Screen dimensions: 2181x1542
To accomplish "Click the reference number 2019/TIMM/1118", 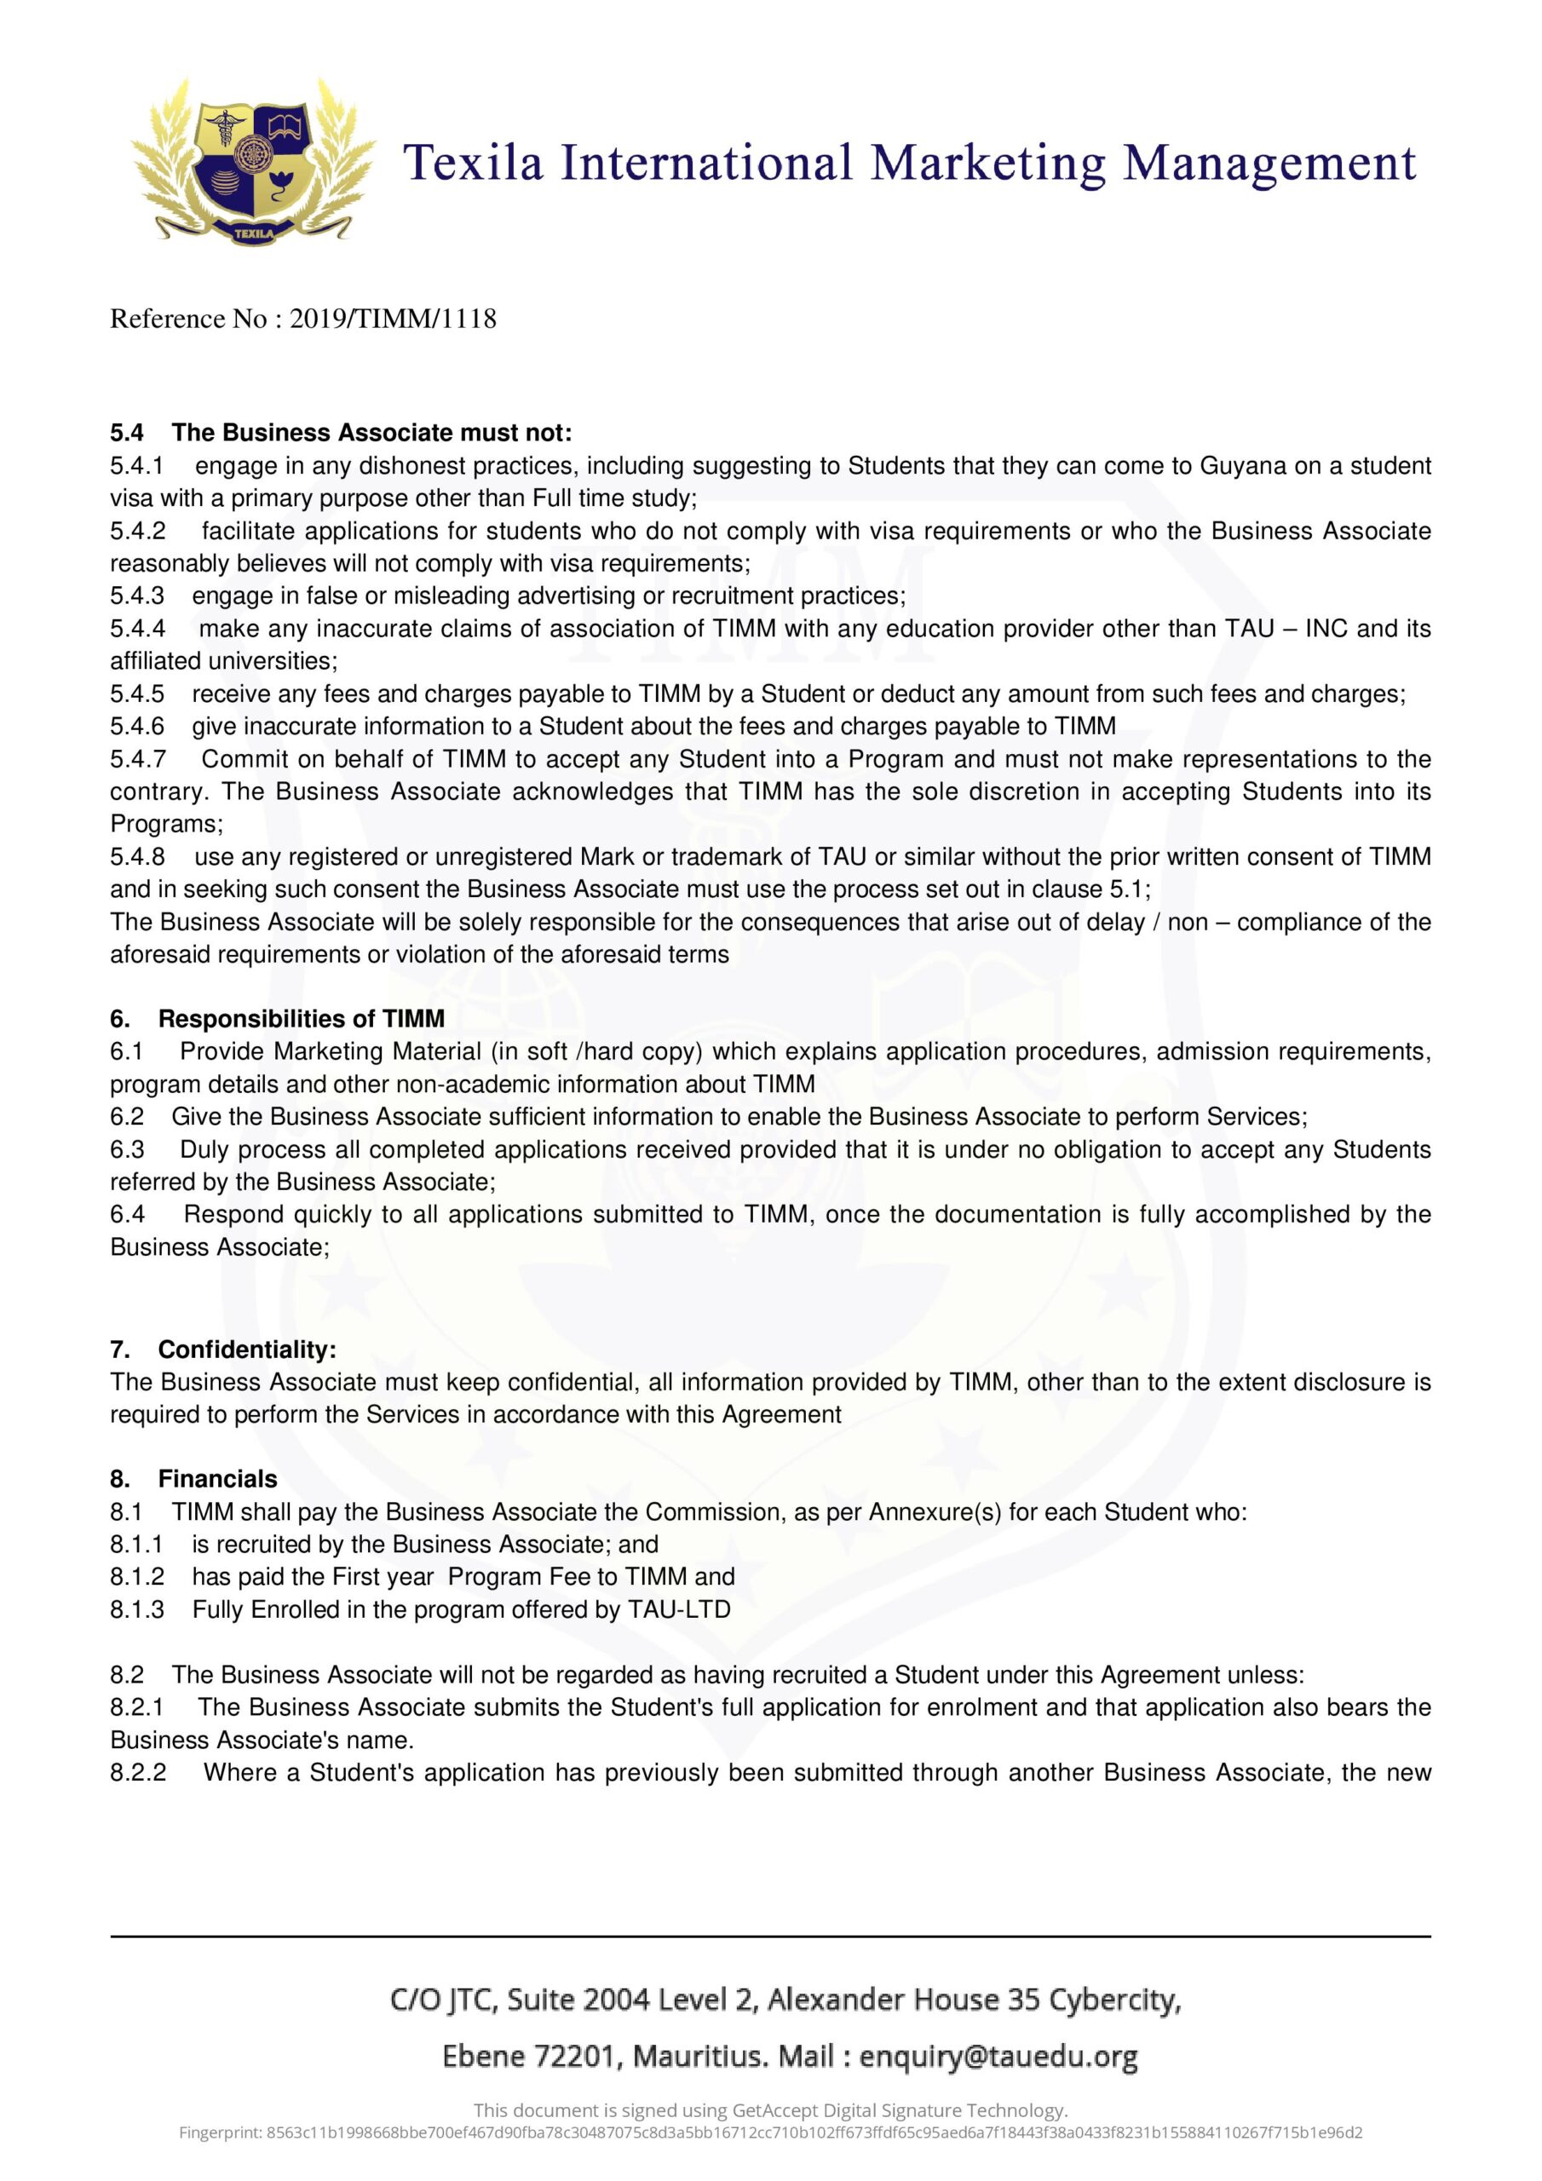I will click(x=393, y=319).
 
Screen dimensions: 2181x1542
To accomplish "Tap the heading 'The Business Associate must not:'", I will click(x=371, y=433).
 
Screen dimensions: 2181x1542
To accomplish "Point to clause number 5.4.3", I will click(x=137, y=596).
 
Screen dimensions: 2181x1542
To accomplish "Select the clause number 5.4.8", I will click(x=138, y=857).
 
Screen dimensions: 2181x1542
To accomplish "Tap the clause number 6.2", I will click(x=126, y=1116).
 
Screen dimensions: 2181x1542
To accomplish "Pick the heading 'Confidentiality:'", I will click(x=247, y=1349).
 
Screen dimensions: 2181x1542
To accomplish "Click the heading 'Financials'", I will click(x=217, y=1479).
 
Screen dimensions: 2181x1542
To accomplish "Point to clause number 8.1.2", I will click(x=137, y=1577).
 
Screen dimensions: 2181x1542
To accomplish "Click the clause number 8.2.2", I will click(x=138, y=1773).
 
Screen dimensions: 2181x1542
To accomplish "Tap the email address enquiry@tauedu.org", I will click(x=998, y=2057).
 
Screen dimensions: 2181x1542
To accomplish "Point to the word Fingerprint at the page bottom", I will click(x=221, y=2132).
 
